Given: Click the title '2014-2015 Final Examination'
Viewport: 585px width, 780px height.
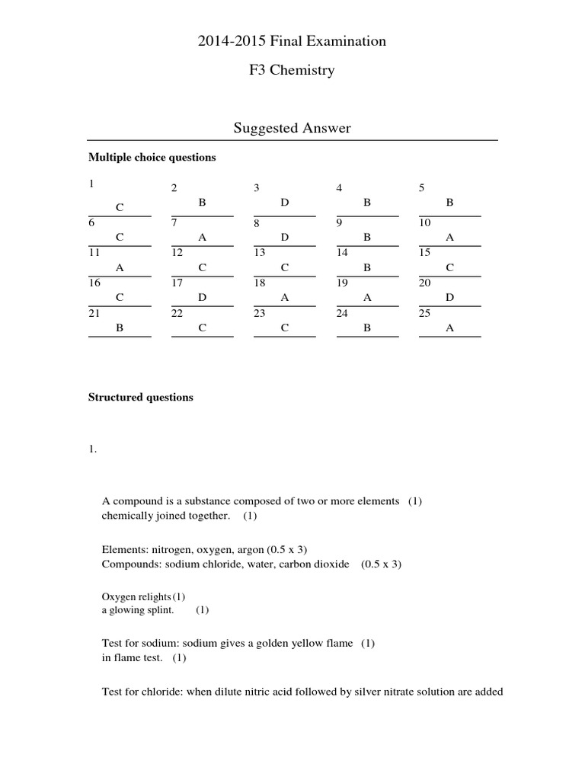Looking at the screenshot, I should point(292,41).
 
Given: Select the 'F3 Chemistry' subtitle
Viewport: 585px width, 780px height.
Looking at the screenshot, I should point(292,71).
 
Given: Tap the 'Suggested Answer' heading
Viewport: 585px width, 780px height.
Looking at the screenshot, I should point(292,128).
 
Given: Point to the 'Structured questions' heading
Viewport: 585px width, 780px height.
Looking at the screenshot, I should point(141,397).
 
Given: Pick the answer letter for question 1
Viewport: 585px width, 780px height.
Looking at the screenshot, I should point(120,207).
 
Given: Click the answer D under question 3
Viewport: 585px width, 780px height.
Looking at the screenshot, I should point(285,203).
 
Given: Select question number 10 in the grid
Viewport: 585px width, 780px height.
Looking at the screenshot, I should point(425,223).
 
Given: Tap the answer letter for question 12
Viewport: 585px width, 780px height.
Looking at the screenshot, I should point(202,267).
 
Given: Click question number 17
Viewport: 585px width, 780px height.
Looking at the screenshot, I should point(177,283).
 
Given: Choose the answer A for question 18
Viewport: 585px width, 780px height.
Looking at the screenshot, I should point(285,298).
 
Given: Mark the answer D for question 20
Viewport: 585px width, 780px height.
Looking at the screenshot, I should point(449,298).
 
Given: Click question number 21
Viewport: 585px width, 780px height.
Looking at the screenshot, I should point(94,313).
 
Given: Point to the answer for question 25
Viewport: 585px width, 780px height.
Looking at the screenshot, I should point(449,328).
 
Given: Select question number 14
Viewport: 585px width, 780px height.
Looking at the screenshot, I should point(342,252).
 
